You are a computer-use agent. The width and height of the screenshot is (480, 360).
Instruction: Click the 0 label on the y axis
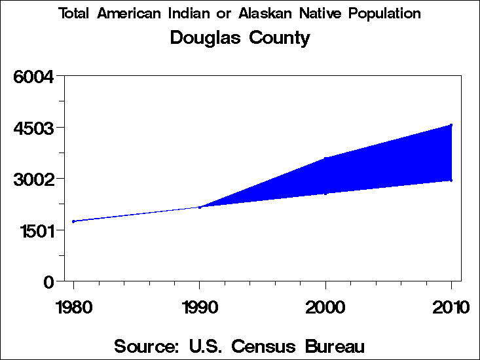point(48,281)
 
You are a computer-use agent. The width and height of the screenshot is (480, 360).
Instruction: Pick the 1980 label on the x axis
point(73,307)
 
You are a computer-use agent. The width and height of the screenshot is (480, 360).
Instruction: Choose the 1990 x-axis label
point(199,307)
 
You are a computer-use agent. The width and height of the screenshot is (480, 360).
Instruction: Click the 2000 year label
point(325,307)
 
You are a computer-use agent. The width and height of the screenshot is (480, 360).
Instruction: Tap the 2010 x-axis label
point(451,307)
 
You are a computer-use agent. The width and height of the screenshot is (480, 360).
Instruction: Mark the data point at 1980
point(73,221)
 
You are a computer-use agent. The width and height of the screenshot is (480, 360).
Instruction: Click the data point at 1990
point(199,207)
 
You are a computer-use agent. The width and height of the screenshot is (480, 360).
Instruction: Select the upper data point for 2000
point(325,158)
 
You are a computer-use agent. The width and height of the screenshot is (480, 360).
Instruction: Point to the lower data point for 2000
point(325,193)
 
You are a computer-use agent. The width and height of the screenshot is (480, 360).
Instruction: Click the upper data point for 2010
point(451,124)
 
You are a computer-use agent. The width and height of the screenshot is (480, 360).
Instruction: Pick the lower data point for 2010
point(451,180)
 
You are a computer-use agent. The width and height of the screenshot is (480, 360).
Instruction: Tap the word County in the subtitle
point(280,39)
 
